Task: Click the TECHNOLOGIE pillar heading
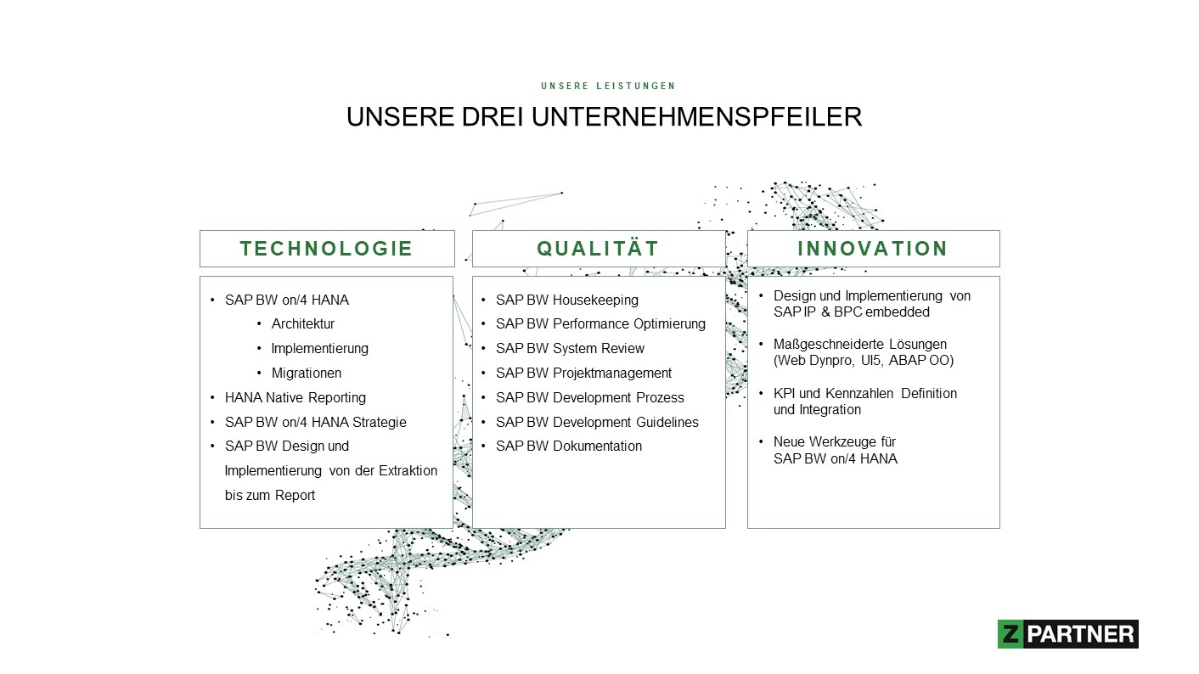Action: tap(326, 249)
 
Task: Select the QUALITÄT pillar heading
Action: tap(598, 249)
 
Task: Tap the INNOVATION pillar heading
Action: tap(872, 249)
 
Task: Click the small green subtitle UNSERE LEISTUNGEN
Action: tap(608, 86)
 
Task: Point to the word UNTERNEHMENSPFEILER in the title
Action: tap(696, 116)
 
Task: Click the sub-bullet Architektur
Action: tap(303, 323)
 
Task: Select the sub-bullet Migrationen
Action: tap(307, 373)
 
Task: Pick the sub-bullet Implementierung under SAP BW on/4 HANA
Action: tap(319, 348)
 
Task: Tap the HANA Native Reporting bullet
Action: tap(295, 397)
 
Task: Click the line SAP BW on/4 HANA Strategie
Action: tap(315, 422)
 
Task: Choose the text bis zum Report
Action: tap(270, 496)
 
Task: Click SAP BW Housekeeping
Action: tap(567, 300)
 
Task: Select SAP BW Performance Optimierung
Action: tap(600, 323)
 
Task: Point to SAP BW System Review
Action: tap(570, 348)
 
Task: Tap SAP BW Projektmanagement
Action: tap(583, 373)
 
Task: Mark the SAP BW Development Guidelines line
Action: tap(597, 422)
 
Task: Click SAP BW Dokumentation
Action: tap(568, 447)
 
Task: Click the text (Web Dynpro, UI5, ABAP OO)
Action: tap(864, 361)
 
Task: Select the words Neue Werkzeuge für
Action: tap(835, 442)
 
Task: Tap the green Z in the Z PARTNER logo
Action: tap(1010, 634)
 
